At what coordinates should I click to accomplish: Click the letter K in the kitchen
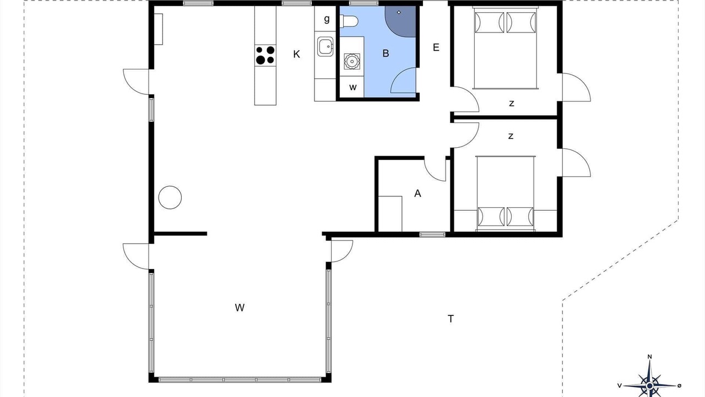pos(296,54)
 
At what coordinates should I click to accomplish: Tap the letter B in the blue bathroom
pos(386,53)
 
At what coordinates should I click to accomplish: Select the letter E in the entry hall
pos(436,47)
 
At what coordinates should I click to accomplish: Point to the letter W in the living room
pos(240,308)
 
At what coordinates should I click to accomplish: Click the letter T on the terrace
pos(451,319)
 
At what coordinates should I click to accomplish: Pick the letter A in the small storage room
pos(417,193)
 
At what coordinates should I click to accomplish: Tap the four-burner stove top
pos(265,55)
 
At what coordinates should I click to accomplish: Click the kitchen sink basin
pos(325,47)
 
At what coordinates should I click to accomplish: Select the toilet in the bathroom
pos(349,22)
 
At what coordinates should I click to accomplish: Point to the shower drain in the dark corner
pos(399,12)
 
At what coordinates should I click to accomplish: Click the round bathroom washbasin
pos(351,61)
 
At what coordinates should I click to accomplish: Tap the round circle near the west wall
pos(170,197)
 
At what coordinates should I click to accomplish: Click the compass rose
pos(649,385)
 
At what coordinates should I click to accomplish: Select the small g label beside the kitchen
pos(327,19)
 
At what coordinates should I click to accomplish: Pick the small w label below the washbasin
pos(353,87)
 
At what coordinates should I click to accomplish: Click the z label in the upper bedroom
pos(512,103)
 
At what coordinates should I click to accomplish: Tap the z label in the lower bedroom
pos(511,136)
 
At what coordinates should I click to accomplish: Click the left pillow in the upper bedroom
pos(489,23)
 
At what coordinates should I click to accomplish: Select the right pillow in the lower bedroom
pos(520,217)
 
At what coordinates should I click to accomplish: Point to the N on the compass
pos(649,357)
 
